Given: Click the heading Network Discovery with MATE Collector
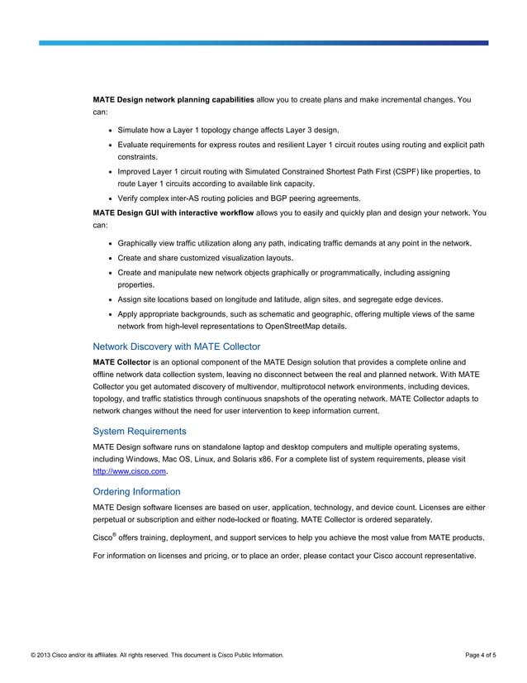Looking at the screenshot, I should pos(176,346).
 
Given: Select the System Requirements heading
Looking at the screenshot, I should pos(140,431).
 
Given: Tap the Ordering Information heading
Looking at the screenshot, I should pos(136,491).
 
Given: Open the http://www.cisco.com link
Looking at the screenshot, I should pos(130,471).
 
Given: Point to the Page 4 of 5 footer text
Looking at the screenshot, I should pos(481,655).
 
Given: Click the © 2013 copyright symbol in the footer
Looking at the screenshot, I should pos(33,655).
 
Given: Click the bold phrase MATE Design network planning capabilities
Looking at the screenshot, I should pos(173,99).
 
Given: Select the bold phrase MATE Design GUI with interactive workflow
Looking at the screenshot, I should pos(173,213).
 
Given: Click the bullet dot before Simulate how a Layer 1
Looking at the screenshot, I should pos(111,130).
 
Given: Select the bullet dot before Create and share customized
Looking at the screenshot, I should pos(111,258).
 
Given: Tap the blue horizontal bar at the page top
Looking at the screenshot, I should pos(263,43).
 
